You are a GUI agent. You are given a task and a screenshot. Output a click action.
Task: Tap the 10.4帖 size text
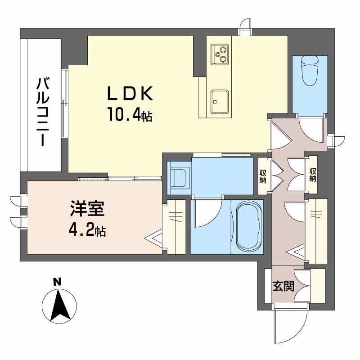tap(129, 116)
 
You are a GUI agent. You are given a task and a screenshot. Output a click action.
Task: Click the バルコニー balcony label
tap(43, 112)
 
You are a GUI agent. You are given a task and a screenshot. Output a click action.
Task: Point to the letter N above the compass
tap(57, 283)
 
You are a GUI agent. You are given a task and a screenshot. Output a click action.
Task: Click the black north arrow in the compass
tap(58, 306)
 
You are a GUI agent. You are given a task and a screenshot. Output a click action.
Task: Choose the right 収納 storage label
tap(312, 175)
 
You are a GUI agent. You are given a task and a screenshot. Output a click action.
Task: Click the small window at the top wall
tap(245, 25)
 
